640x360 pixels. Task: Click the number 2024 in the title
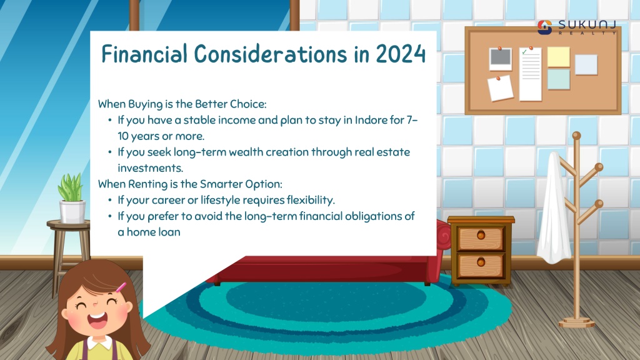(401, 54)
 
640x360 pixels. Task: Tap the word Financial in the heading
(144, 54)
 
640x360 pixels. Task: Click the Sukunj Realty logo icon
(544, 27)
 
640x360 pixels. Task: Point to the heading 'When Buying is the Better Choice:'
(182, 104)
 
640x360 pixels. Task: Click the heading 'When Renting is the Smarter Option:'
(190, 184)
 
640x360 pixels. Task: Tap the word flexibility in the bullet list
(311, 200)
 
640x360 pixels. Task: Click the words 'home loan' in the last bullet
(154, 232)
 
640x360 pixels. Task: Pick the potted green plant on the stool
(72, 198)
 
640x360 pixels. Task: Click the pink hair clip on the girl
(121, 287)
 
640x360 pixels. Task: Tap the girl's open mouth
(97, 319)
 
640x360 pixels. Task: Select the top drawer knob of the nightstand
(481, 235)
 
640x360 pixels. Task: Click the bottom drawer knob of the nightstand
(481, 262)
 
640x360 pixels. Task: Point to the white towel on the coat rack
(554, 208)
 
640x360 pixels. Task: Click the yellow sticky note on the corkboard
(558, 57)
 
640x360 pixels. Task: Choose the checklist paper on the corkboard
(530, 74)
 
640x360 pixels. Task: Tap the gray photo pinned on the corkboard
(501, 59)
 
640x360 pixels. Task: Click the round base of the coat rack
(576, 323)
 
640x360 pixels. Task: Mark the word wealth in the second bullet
(246, 152)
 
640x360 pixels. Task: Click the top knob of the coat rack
(576, 136)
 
